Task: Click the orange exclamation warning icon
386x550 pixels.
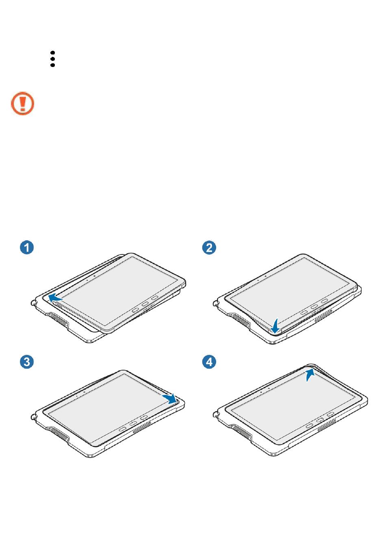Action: click(22, 104)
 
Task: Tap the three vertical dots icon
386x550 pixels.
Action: click(52, 59)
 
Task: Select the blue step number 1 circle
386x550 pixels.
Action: click(26, 247)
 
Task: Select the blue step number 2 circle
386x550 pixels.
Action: click(209, 247)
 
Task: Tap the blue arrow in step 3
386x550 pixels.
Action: click(169, 398)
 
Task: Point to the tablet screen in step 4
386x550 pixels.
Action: click(293, 406)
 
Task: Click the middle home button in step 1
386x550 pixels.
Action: click(145, 304)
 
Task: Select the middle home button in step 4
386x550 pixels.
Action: click(320, 420)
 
